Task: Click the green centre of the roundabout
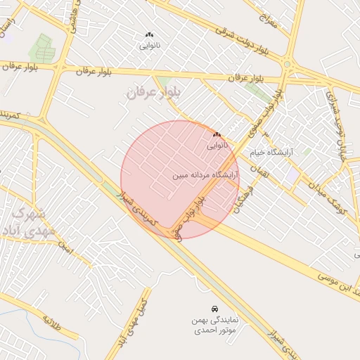coord(287,65)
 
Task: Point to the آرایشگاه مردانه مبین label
coord(206,174)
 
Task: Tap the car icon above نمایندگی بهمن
coord(214,309)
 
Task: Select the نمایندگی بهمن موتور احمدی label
coord(214,325)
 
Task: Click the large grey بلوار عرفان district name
coord(153,92)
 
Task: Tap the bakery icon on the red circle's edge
coord(217,134)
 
